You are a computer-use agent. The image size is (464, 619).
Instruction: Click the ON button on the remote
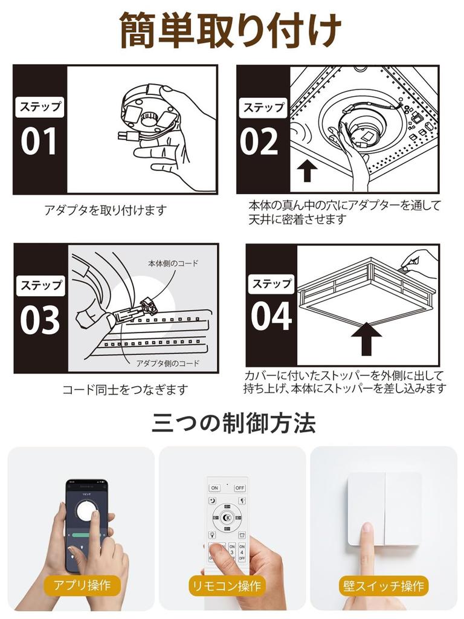[214, 487]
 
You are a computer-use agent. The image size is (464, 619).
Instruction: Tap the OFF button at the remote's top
[240, 487]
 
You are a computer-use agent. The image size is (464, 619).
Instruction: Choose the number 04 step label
[271, 316]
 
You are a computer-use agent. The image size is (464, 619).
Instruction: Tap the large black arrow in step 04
[363, 339]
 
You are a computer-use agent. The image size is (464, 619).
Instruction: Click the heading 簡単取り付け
[231, 31]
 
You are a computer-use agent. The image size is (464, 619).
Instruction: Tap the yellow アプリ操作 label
[82, 585]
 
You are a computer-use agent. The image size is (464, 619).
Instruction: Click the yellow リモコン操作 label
[226, 585]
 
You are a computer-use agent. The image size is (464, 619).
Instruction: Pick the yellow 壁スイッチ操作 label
[383, 585]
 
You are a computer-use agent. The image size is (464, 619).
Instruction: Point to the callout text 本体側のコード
[173, 264]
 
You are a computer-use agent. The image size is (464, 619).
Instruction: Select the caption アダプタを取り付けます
[105, 210]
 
